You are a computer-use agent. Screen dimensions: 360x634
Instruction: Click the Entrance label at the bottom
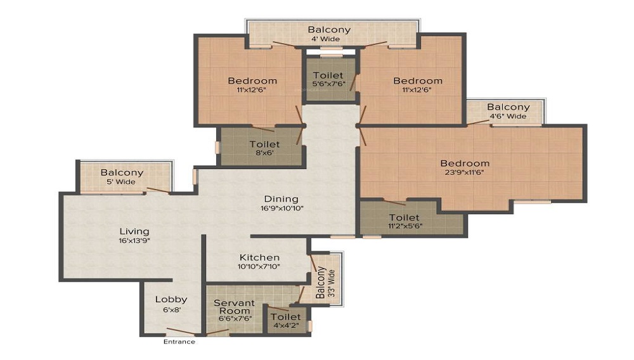click(179, 342)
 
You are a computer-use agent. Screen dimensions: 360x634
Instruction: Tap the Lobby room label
click(172, 300)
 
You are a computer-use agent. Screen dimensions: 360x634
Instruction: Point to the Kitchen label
click(259, 257)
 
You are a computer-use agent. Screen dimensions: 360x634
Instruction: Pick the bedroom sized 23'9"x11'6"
click(465, 168)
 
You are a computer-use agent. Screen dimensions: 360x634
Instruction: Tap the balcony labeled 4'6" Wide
click(508, 112)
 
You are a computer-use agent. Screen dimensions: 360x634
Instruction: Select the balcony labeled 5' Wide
click(122, 177)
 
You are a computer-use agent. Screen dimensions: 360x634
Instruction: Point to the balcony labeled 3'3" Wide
click(323, 282)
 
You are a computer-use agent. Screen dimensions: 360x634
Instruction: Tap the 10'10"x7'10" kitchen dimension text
click(259, 266)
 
